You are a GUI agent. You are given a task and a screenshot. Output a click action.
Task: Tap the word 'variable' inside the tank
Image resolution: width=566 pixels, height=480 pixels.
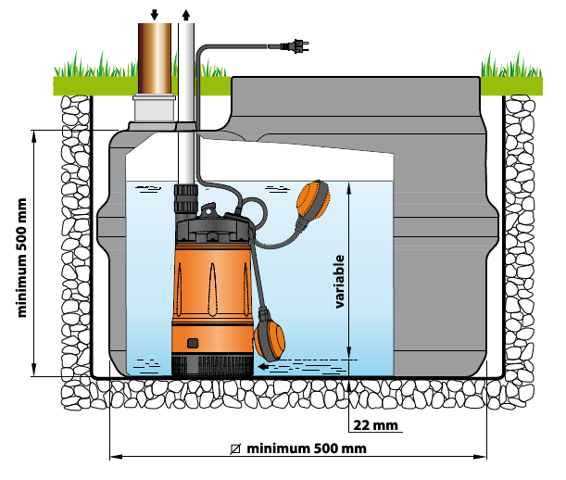pos(340,281)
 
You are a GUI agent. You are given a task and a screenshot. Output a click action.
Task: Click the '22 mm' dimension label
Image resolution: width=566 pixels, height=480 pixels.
pos(374,425)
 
